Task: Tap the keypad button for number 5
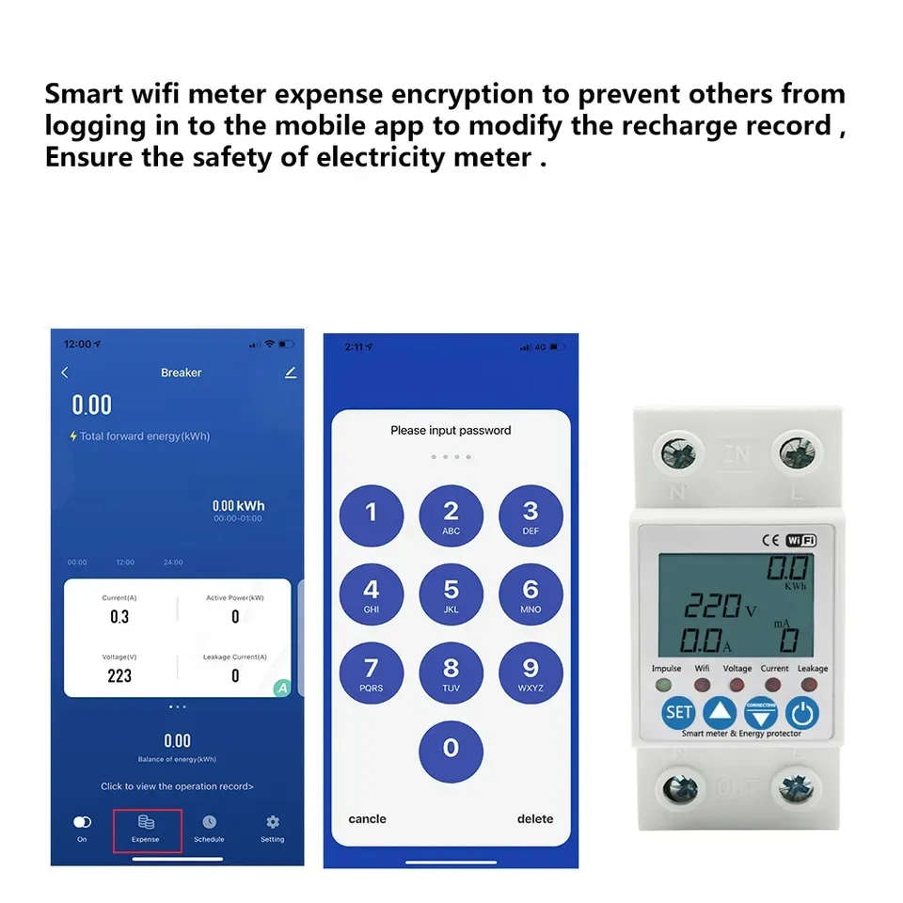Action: click(451, 595)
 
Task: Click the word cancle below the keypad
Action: click(367, 819)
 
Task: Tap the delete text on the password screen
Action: click(535, 819)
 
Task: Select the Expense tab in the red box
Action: click(146, 829)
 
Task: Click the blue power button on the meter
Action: click(802, 712)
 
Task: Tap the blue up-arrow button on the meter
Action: click(719, 712)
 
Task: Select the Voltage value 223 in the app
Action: click(119, 675)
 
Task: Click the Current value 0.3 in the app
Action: click(119, 617)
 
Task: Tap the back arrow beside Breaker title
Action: click(65, 372)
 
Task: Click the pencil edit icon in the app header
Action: click(290, 372)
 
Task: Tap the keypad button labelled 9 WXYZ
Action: click(531, 674)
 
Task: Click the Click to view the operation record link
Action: click(177, 786)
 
